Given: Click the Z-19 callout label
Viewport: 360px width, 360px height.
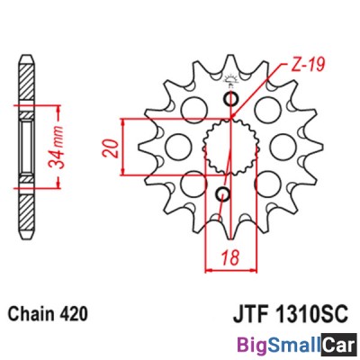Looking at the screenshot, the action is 309,65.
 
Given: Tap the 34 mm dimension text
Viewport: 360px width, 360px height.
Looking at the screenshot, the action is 57,147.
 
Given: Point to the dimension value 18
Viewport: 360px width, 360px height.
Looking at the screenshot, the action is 231,257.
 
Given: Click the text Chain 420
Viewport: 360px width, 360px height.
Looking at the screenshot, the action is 49,314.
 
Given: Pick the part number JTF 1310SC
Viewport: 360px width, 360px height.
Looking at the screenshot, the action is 291,314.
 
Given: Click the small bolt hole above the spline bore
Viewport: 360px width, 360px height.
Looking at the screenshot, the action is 231,99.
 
